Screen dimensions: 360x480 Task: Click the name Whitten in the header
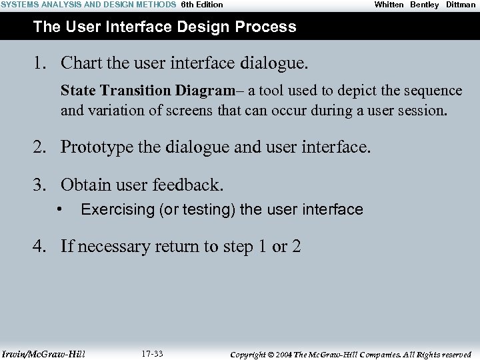389,5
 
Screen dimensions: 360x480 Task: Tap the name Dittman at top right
461,5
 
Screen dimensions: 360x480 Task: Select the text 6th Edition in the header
202,5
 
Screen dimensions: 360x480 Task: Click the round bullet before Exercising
61,210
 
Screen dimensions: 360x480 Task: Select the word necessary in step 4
112,247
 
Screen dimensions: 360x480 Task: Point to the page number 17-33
153,353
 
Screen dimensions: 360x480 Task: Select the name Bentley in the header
425,5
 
